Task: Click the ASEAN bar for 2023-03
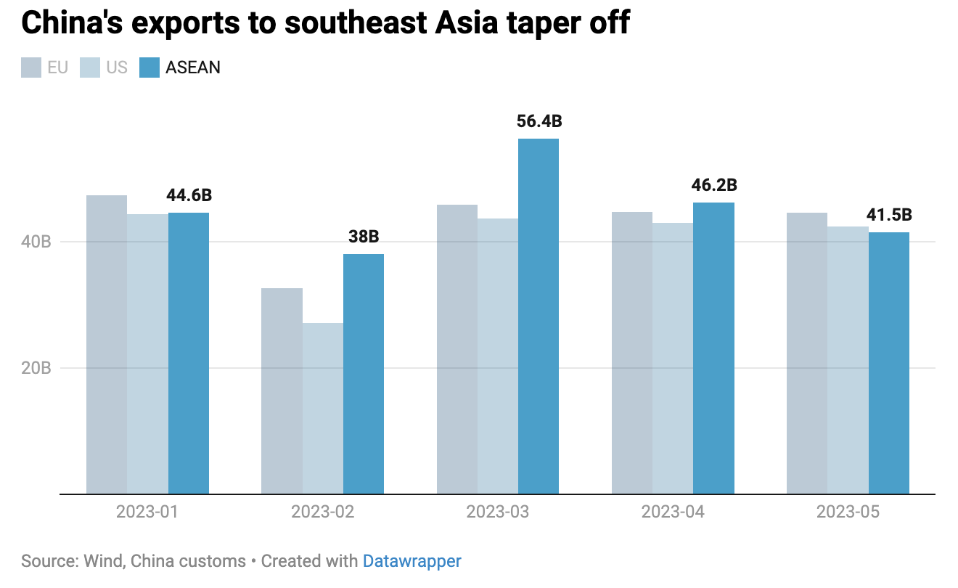click(x=539, y=316)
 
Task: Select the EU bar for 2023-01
click(x=107, y=344)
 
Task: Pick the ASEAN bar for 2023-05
click(x=889, y=363)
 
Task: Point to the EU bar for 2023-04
click(x=632, y=353)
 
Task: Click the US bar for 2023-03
click(x=498, y=356)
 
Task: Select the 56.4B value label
click(x=539, y=121)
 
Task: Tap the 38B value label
click(x=364, y=237)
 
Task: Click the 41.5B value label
click(x=889, y=215)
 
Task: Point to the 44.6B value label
click(x=189, y=195)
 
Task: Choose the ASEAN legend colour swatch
click(x=149, y=68)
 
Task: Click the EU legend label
click(x=57, y=68)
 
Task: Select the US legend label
click(x=116, y=68)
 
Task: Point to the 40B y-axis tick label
click(x=36, y=242)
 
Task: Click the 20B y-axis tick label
click(x=36, y=368)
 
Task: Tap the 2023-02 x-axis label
click(x=322, y=512)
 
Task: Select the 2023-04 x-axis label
click(x=673, y=512)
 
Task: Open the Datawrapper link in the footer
click(x=412, y=561)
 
